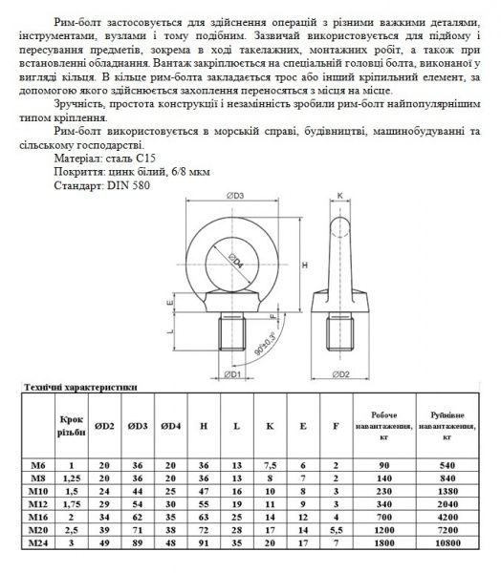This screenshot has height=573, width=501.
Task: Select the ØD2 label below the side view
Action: click(345, 373)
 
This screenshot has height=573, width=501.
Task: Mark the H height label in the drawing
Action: click(304, 264)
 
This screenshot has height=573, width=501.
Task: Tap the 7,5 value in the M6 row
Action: click(271, 464)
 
